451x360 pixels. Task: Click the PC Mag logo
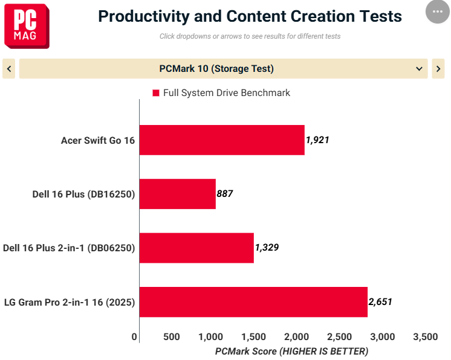click(27, 26)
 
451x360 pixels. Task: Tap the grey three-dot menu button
click(438, 11)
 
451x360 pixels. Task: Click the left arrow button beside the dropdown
click(9, 69)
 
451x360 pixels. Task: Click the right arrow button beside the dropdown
click(438, 69)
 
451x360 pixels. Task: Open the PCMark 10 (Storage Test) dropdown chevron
click(419, 69)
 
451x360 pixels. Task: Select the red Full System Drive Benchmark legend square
click(156, 93)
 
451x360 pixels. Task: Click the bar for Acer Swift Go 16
click(222, 140)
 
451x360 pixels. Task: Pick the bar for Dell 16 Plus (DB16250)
click(178, 194)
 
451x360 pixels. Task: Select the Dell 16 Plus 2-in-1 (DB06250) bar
click(196, 248)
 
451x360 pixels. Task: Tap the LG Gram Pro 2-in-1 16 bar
click(253, 302)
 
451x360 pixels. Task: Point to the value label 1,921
click(317, 140)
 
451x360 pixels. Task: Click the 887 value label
click(225, 194)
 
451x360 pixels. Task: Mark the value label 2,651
click(380, 301)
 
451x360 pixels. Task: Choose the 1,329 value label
click(267, 248)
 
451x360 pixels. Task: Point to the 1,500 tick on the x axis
click(253, 336)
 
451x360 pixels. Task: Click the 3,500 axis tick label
click(426, 336)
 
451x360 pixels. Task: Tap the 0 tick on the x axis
click(134, 336)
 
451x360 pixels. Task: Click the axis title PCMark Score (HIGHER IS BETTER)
click(291, 352)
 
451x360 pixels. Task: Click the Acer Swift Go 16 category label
click(98, 140)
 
